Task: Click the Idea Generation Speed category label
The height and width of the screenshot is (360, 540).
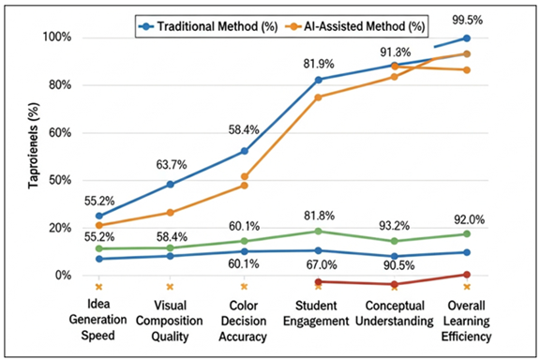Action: tap(98, 319)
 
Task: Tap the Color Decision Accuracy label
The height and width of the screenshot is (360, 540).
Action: tap(244, 319)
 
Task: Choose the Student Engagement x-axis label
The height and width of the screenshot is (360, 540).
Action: tap(318, 319)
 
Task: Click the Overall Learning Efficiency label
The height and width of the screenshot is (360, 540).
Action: tap(466, 319)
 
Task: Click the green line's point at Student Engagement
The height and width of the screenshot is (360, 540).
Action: tap(319, 231)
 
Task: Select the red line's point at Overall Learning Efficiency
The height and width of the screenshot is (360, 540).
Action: tap(467, 275)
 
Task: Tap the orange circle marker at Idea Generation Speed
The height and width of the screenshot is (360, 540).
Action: tap(98, 225)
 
